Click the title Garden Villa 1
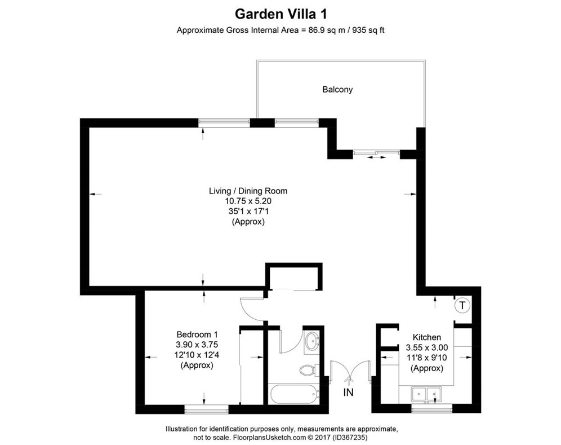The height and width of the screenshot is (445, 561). pos(280,13)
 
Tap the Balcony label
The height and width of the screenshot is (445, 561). pos(337,89)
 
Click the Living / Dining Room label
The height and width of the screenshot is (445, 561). pos(248,191)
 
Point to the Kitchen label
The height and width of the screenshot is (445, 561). pos(426,337)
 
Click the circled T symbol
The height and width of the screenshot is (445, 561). pos(462,306)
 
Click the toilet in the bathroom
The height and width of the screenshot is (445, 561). pos(308,369)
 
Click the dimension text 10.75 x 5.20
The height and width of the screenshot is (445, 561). pos(248,201)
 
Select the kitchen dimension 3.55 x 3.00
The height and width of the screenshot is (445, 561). pos(426,347)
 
